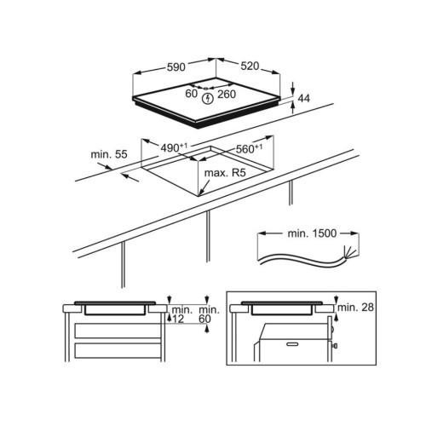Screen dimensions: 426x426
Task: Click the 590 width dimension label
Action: (x=176, y=67)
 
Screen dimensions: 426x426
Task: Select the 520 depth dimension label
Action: (x=250, y=66)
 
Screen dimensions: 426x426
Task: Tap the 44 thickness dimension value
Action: (x=304, y=98)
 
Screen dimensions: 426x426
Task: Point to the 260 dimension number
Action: (x=227, y=95)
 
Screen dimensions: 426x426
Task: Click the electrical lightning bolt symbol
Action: (x=208, y=99)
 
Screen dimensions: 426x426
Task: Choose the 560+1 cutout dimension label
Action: (x=249, y=148)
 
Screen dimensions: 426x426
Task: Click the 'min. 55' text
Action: (x=109, y=154)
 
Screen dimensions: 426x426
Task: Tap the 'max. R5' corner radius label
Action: (x=225, y=173)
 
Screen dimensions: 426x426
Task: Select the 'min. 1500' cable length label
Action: (x=312, y=233)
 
